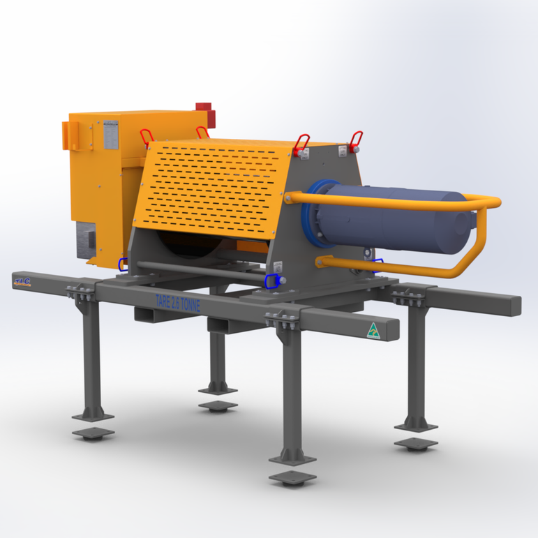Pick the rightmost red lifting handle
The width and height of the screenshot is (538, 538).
pos(357,140)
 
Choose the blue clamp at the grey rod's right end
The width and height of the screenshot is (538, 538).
pos(272,281)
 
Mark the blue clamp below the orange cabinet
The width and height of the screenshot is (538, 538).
pos(123,264)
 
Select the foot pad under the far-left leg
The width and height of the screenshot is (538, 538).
pos(93,433)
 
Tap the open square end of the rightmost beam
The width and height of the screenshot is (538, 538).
pos(515,306)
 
